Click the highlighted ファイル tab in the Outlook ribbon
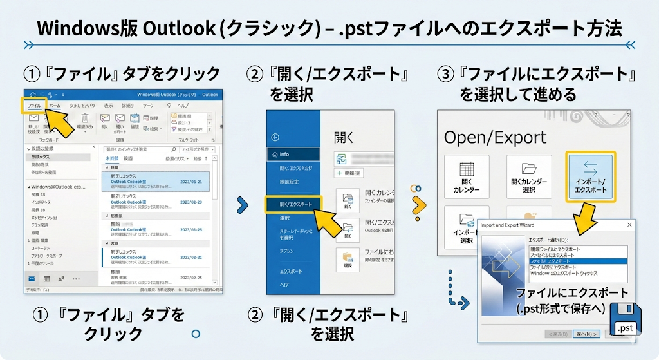(34, 105)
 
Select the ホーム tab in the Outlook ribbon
(55, 105)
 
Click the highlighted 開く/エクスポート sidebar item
(293, 204)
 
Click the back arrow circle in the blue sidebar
(276, 137)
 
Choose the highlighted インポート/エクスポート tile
(590, 176)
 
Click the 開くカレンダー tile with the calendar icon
(467, 176)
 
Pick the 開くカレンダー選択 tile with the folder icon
(528, 176)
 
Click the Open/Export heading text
(495, 137)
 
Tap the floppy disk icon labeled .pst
(625, 320)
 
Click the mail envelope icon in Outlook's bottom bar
(32, 278)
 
